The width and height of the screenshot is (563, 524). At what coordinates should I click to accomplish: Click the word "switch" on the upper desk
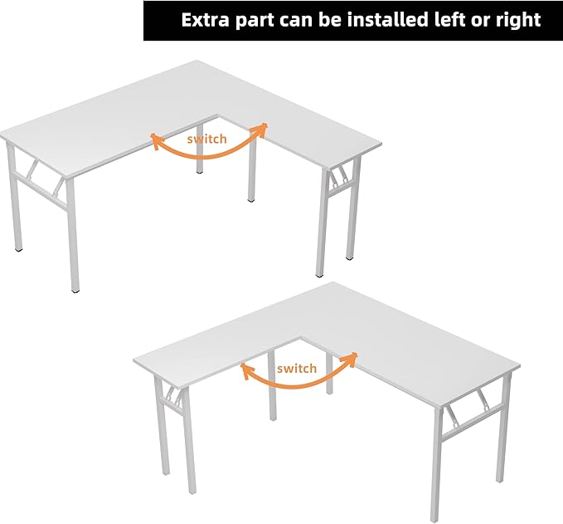206,139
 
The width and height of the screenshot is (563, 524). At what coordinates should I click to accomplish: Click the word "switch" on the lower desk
297,368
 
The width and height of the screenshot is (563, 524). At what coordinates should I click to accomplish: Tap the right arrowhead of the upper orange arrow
264,127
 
